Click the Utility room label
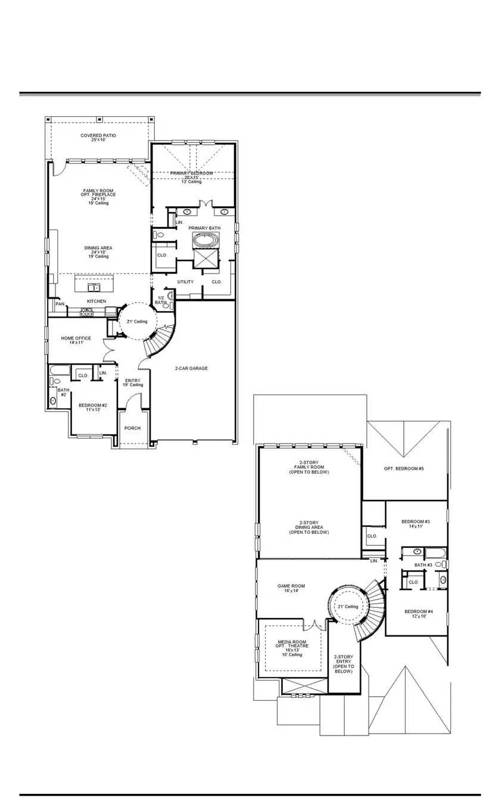tap(185, 281)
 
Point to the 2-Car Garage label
tap(191, 368)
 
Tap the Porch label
tap(132, 428)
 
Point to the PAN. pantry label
tap(60, 304)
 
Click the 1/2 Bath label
tap(161, 300)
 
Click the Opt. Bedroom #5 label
tap(404, 468)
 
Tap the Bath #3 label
tap(423, 564)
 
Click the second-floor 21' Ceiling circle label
tap(348, 606)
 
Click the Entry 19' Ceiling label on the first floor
tap(133, 383)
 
